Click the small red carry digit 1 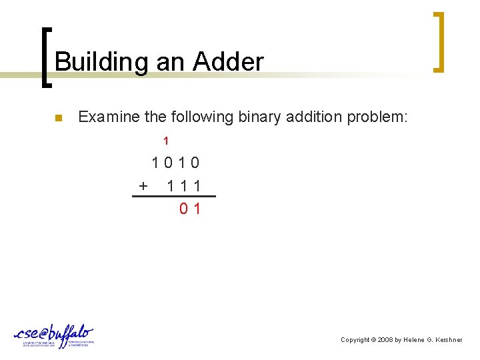[x=166, y=141]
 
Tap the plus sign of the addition [x=143, y=185]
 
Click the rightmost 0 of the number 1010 [x=195, y=163]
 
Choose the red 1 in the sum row [x=196, y=209]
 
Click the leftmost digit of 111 [x=171, y=185]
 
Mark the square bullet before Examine [x=58, y=119]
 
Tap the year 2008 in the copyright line [x=385, y=340]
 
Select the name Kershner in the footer [x=447, y=340]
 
